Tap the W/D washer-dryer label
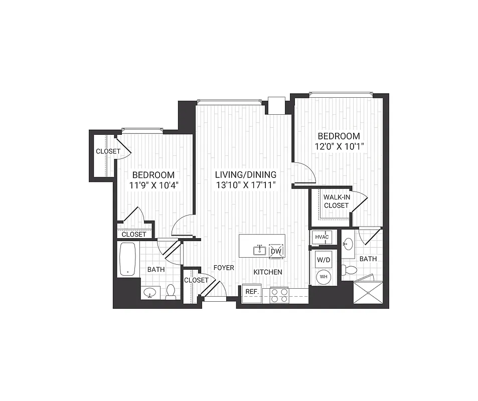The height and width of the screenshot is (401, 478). click(322, 260)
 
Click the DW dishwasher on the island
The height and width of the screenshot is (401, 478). click(276, 252)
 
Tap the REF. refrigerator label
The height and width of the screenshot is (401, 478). click(251, 292)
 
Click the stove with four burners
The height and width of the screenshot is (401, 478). click(279, 295)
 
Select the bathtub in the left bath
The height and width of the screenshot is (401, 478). click(128, 260)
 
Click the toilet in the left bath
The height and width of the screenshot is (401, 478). click(171, 292)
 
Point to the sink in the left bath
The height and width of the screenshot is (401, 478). click(149, 292)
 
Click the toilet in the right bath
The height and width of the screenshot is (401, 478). click(350, 271)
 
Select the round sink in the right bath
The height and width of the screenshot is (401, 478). click(348, 244)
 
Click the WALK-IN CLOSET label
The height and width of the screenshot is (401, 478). click(336, 202)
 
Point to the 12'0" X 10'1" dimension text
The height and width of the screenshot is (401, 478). click(338, 147)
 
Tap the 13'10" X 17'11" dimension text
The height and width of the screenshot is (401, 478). click(245, 185)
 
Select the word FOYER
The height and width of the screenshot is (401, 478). click(224, 268)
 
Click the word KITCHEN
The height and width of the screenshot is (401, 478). click(267, 272)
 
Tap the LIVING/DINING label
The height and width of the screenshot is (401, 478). click(245, 174)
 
